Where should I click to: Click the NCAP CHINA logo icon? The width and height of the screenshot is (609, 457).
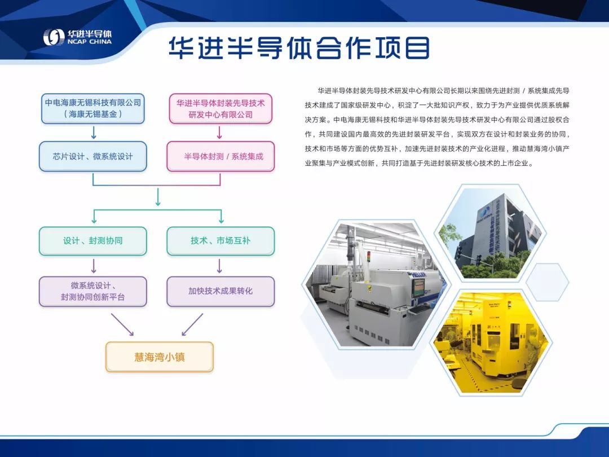[x=53, y=37]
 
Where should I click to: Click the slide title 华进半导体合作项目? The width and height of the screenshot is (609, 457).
[x=299, y=48]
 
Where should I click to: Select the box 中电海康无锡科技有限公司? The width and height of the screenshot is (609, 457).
[x=93, y=108]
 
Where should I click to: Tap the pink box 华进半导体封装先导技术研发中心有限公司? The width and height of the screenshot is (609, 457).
[x=220, y=108]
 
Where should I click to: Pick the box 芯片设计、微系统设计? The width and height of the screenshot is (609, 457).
[x=93, y=156]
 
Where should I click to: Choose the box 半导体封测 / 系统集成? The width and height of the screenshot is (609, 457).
[x=220, y=156]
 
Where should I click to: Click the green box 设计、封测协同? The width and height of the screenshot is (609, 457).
[x=93, y=241]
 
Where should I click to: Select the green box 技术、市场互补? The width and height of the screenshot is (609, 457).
[x=220, y=241]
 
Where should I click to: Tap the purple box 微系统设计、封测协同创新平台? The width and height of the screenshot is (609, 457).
[x=93, y=292]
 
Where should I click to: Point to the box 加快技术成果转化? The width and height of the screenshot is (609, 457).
[x=220, y=292]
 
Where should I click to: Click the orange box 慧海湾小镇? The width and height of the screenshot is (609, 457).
[x=160, y=357]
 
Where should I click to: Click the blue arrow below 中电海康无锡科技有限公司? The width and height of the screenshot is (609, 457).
[x=94, y=133]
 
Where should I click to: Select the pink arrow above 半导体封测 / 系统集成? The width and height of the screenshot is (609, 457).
[x=219, y=133]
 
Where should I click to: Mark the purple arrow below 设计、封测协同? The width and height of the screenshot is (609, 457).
[x=94, y=266]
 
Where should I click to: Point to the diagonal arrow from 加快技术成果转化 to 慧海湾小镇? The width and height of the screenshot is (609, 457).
[x=192, y=324]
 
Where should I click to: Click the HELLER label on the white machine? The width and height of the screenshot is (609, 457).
[x=419, y=275]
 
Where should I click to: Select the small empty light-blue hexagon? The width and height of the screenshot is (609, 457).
[x=548, y=282]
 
